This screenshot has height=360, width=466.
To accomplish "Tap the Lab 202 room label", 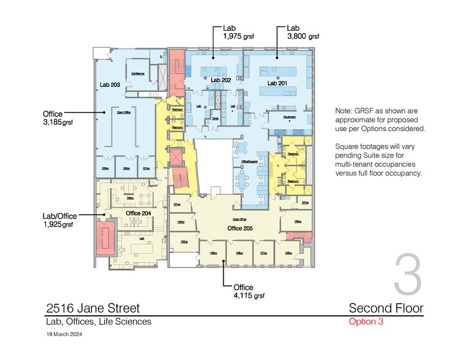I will click(x=220, y=80).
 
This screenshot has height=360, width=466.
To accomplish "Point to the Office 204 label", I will click(x=138, y=212).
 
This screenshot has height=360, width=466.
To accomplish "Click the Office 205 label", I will click(x=239, y=228).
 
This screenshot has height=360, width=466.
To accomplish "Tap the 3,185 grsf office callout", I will click(x=58, y=122).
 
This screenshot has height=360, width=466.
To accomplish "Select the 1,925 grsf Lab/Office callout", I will click(x=58, y=225).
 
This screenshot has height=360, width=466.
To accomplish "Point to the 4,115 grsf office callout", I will click(x=249, y=296).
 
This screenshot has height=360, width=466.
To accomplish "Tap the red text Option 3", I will click(x=366, y=322).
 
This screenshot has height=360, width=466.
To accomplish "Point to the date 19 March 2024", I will click(x=64, y=335).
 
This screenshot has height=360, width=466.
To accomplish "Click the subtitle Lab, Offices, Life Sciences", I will click(x=98, y=322).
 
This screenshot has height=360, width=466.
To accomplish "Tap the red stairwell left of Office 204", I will click(x=102, y=236).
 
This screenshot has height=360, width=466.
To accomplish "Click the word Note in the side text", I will click(x=344, y=111).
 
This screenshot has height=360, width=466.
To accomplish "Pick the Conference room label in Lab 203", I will click(x=138, y=73).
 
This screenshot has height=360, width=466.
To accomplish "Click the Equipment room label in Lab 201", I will click(x=290, y=116).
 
